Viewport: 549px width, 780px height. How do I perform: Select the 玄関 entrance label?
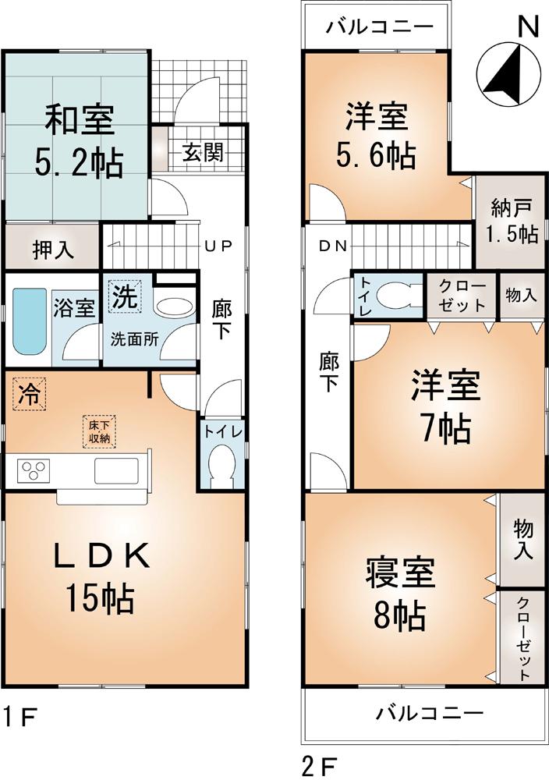coord(202,151)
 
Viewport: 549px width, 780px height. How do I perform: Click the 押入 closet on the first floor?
coord(53,249)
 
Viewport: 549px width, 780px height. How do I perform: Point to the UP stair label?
coord(218,246)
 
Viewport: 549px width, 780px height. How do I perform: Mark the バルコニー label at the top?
coord(379,27)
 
